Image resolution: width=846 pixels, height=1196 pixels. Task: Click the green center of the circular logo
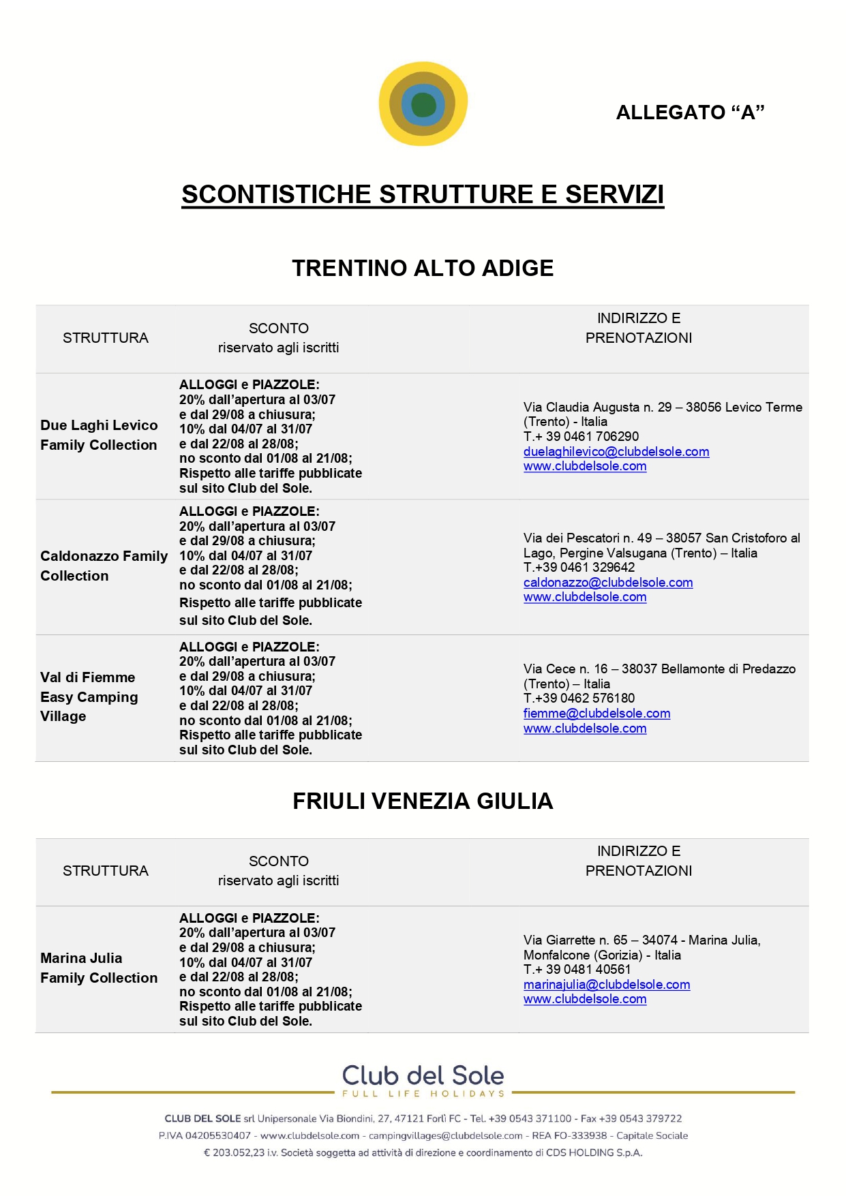[x=423, y=105]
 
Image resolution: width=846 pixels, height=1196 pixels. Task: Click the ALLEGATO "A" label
[x=690, y=112]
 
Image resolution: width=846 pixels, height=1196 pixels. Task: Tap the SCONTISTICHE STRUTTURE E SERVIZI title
[x=423, y=194]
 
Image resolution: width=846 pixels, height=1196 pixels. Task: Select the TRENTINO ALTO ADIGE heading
[x=423, y=269]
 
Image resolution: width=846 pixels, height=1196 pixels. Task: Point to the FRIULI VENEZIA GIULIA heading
[x=423, y=801]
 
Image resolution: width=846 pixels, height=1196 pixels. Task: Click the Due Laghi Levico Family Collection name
[x=99, y=435]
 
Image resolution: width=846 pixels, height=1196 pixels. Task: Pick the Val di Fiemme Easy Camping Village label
[x=89, y=696]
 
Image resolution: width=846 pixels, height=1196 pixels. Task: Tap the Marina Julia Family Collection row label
[x=99, y=968]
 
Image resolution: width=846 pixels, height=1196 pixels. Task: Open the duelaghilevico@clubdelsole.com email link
[x=616, y=452]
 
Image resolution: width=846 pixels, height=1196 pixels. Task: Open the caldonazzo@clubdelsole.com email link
[x=608, y=583]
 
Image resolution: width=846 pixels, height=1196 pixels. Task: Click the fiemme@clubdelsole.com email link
[x=596, y=714]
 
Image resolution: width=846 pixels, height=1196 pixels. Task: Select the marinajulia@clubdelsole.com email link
[x=607, y=985]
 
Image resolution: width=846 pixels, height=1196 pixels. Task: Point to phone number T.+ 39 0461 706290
[x=581, y=437]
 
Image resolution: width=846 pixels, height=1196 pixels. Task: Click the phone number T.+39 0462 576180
[x=579, y=699]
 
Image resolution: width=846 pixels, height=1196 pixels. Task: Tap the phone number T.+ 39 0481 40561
[x=577, y=970]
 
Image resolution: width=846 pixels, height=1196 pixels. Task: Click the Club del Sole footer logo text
[x=423, y=1075]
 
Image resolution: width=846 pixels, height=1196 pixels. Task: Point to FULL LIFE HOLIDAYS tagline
[x=423, y=1094]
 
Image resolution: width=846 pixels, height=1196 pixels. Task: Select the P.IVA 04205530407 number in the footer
[x=205, y=1135]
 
